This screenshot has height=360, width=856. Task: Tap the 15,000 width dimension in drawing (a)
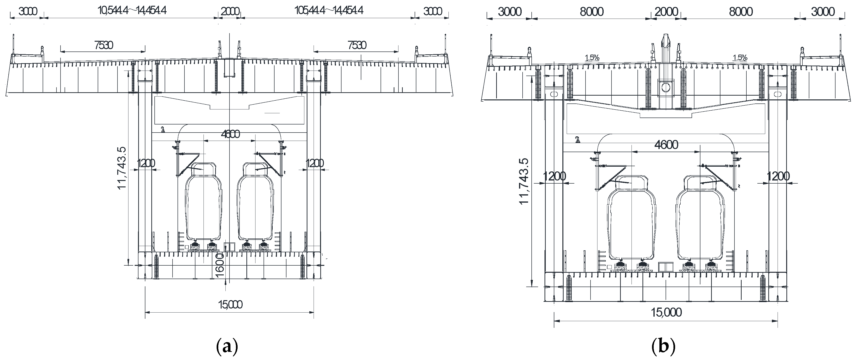[x=230, y=304]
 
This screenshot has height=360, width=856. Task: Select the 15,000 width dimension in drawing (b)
[x=666, y=313]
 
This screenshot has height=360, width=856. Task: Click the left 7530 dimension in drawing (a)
[x=103, y=45]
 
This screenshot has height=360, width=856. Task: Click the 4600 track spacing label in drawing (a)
[x=230, y=134]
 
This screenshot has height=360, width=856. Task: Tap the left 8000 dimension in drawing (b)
[x=591, y=12]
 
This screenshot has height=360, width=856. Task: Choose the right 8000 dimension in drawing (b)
[x=741, y=12]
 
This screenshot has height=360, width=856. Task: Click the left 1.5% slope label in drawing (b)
[x=592, y=58]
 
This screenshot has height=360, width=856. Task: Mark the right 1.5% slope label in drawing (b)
[x=740, y=58]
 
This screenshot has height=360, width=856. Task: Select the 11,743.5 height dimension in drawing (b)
[x=524, y=181]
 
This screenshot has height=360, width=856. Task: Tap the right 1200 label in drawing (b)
[x=778, y=176]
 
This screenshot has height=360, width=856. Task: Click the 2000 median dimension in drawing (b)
[x=666, y=12]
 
